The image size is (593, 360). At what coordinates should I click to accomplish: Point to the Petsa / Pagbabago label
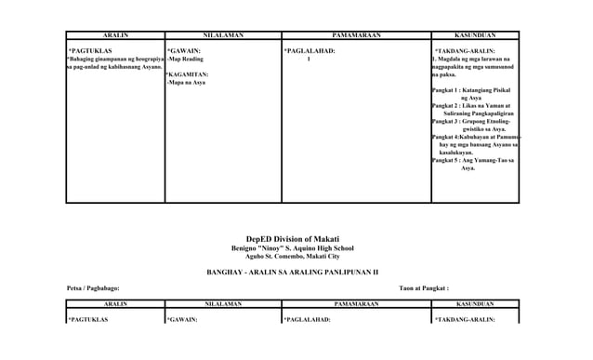[93, 288]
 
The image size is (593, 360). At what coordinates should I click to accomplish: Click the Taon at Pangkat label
[424, 288]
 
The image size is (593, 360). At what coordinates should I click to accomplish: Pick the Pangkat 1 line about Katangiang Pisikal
[471, 90]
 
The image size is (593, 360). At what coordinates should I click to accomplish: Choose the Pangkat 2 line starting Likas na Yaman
[471, 107]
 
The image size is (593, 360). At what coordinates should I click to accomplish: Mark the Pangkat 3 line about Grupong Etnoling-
[471, 122]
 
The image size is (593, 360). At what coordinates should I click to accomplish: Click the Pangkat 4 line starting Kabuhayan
[475, 138]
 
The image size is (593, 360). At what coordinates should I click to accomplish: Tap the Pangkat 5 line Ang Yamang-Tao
[471, 161]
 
